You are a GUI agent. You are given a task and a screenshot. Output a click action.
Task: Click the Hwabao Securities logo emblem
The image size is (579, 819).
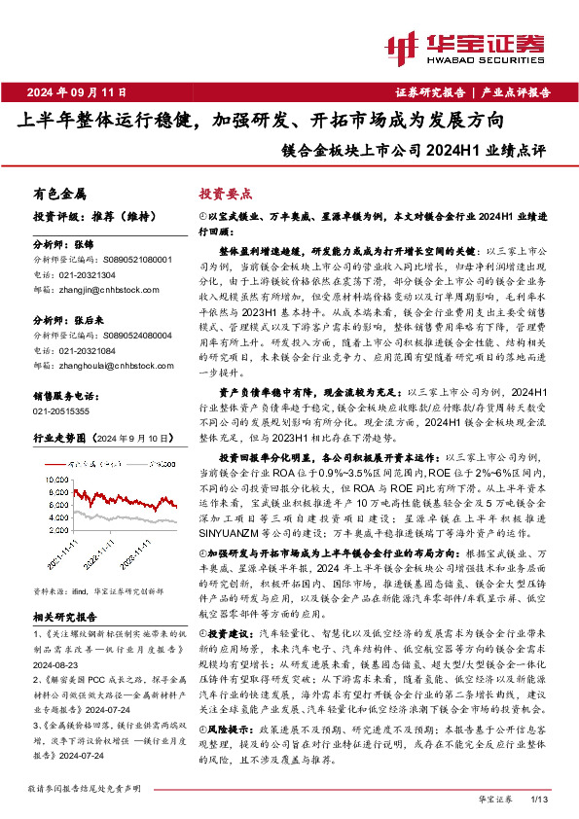(x=402, y=46)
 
